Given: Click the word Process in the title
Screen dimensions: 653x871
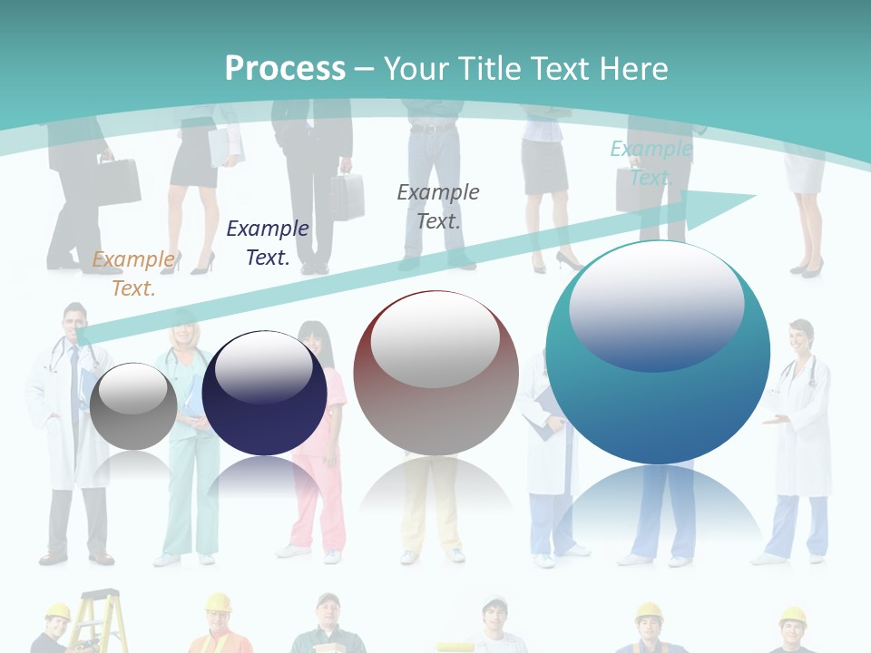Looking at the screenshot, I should [x=285, y=69].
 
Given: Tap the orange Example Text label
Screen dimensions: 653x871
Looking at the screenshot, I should [x=133, y=273].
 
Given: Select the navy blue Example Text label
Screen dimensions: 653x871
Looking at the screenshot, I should [x=268, y=242].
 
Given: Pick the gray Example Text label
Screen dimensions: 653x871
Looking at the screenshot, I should [x=438, y=206].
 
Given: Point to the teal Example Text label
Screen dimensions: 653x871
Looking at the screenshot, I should [x=651, y=162].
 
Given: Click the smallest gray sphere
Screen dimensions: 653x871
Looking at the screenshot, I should [x=133, y=407].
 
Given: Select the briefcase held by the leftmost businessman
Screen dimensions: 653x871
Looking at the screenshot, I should [x=118, y=181].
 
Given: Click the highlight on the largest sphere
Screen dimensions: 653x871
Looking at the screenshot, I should [x=656, y=304].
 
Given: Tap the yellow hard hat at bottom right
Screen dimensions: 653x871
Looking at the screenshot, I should [x=793, y=617].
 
